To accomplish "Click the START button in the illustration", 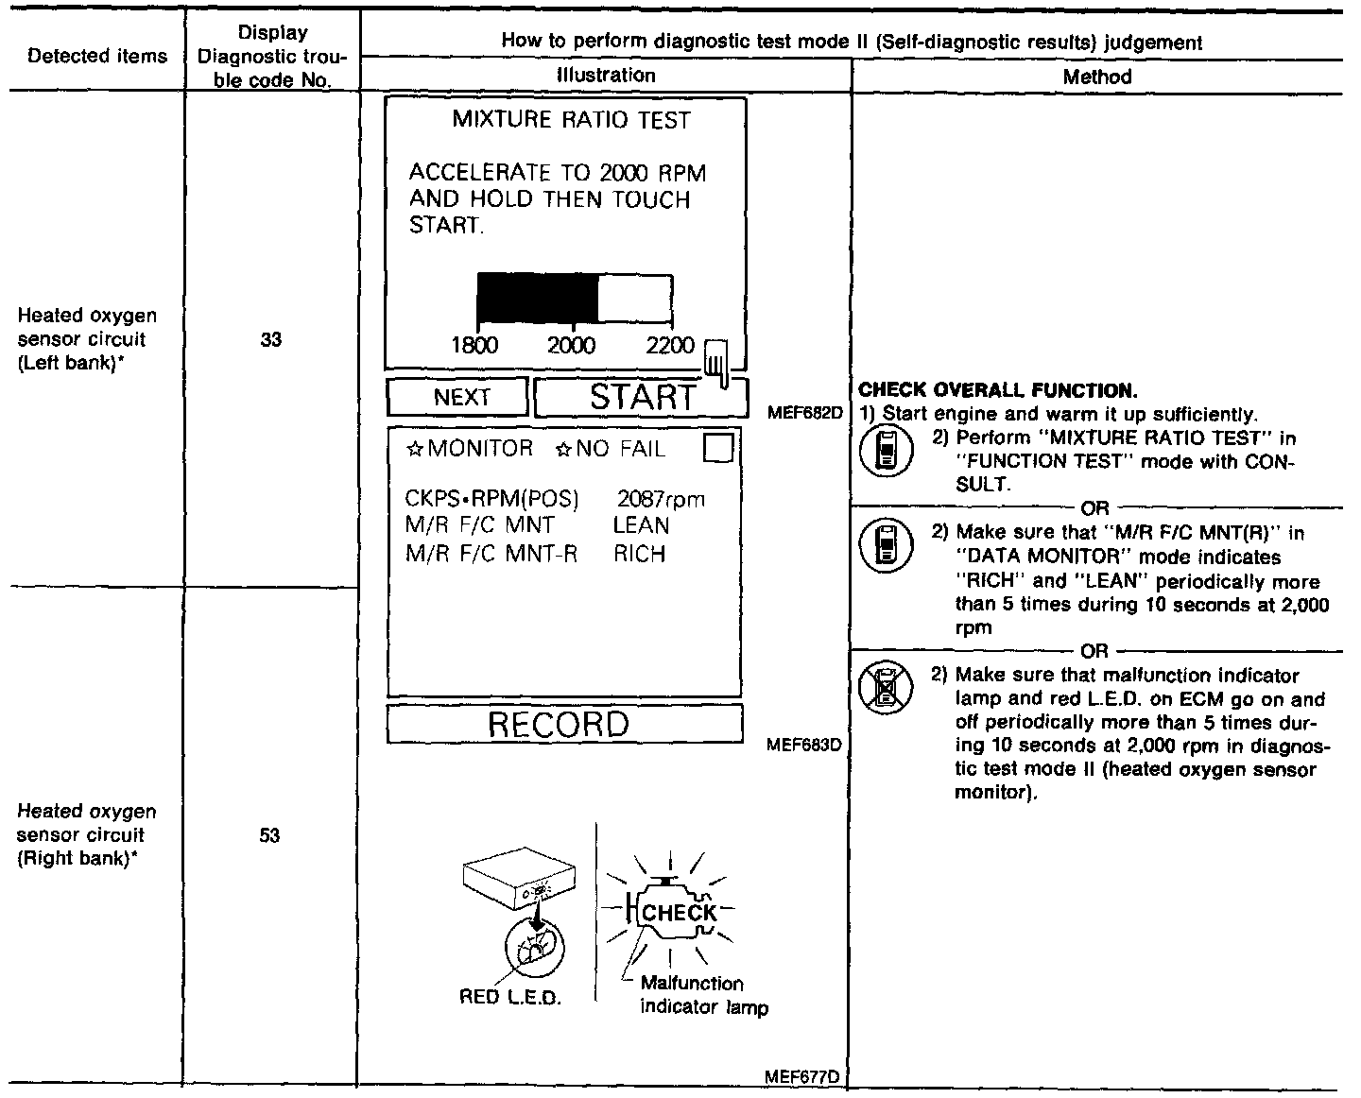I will (641, 398).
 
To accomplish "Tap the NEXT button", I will (460, 398).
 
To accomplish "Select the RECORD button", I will (559, 725).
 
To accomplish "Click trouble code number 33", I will (271, 340).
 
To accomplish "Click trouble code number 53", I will (270, 835).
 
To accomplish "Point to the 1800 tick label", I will (474, 346).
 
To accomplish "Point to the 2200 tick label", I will (670, 346).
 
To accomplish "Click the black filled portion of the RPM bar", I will (537, 299).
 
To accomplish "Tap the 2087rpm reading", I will (662, 500).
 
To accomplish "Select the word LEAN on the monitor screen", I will (641, 526).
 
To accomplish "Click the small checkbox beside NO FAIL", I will (719, 448).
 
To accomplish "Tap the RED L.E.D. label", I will (510, 998).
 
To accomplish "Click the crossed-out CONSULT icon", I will (886, 687).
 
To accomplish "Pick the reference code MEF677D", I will (810, 1076).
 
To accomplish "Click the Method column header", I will (1096, 77).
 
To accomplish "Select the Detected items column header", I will (97, 56).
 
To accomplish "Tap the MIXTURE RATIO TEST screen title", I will (571, 121).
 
